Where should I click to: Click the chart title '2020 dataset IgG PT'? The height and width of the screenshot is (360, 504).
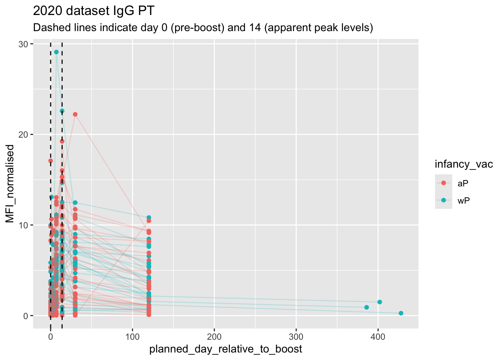[93, 11]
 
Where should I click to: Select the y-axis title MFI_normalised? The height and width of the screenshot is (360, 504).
[10, 184]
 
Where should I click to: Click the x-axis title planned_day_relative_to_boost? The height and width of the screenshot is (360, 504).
[225, 349]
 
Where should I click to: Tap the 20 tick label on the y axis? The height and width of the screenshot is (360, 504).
[24, 135]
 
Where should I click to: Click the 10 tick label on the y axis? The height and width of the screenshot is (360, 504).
[24, 225]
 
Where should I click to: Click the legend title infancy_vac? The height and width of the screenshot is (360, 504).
[463, 164]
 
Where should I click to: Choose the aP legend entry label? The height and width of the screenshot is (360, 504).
[463, 183]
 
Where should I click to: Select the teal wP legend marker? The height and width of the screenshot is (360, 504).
[444, 200]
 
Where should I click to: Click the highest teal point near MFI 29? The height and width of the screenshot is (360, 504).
[56, 52]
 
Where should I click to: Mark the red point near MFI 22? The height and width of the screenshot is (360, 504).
[75, 114]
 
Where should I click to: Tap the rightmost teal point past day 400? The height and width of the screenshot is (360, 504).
[401, 313]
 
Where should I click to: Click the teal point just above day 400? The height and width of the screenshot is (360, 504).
[379, 302]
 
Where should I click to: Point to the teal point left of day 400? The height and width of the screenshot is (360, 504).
[366, 307]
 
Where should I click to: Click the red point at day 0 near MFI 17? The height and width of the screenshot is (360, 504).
[51, 160]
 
